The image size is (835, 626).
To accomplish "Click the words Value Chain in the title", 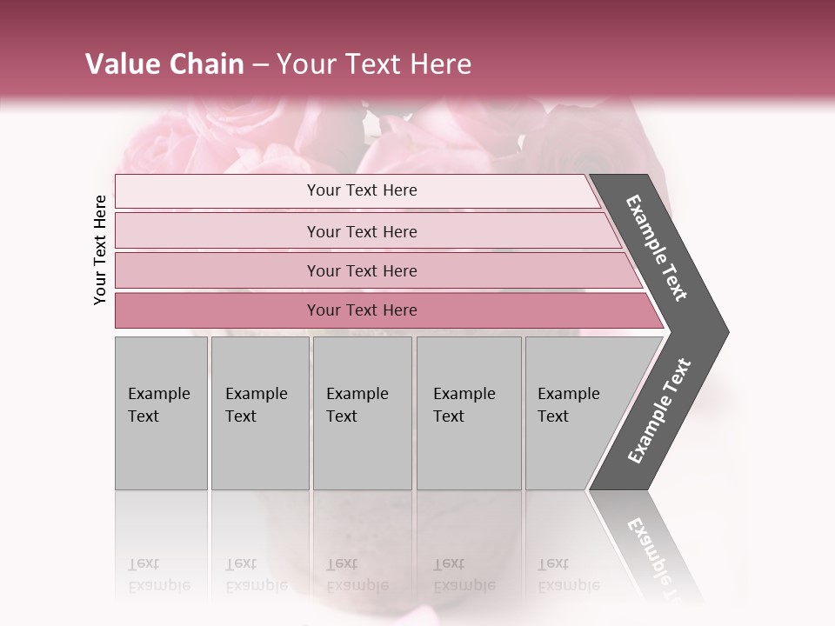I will (164, 64).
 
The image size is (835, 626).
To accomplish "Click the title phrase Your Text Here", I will (374, 64).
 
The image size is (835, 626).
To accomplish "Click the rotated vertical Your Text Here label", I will (100, 250).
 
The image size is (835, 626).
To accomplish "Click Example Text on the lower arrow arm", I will (659, 411).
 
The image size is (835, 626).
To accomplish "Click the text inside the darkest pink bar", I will (362, 310).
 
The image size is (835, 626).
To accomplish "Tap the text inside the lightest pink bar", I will (362, 190).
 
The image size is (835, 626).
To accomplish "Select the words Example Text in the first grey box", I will (158, 405).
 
